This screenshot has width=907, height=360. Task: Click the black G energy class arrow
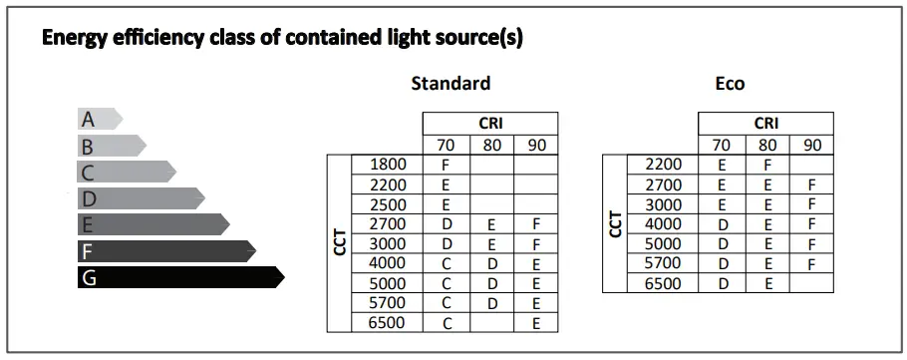(179, 277)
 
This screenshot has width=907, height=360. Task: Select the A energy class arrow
(99, 120)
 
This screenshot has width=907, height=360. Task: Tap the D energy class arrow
(140, 198)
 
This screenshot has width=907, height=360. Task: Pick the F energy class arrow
(164, 251)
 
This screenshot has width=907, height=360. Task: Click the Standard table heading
(451, 84)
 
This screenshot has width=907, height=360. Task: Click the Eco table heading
(730, 84)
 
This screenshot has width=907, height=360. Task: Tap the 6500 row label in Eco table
(663, 283)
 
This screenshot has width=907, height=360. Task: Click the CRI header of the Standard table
(490, 124)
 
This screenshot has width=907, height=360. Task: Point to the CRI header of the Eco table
(765, 124)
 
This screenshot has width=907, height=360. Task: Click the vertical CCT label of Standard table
(339, 243)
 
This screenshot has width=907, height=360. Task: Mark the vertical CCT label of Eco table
(615, 224)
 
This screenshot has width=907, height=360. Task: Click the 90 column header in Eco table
(811, 145)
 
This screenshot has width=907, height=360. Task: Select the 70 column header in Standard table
(446, 145)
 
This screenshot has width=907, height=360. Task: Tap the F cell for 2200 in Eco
(767, 165)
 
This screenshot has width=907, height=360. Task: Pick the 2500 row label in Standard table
(387, 204)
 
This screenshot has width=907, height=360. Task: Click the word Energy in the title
(73, 39)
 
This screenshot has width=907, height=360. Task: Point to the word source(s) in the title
(478, 39)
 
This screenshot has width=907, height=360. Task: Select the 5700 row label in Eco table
(663, 263)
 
